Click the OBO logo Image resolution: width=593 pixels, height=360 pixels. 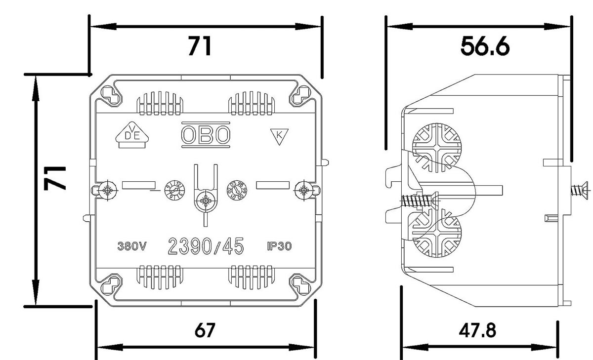coord(206,134)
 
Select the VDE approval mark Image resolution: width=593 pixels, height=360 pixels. coord(130,134)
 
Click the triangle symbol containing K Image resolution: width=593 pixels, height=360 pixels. coord(279,136)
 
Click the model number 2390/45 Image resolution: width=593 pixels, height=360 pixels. coord(206,245)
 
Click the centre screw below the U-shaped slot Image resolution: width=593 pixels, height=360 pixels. coord(205,200)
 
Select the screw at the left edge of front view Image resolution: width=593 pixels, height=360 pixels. coord(107,190)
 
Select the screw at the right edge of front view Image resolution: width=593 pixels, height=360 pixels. coord(303,190)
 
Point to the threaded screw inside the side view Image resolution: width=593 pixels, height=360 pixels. coord(418,201)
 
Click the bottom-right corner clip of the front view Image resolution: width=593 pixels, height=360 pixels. coord(299,285)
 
